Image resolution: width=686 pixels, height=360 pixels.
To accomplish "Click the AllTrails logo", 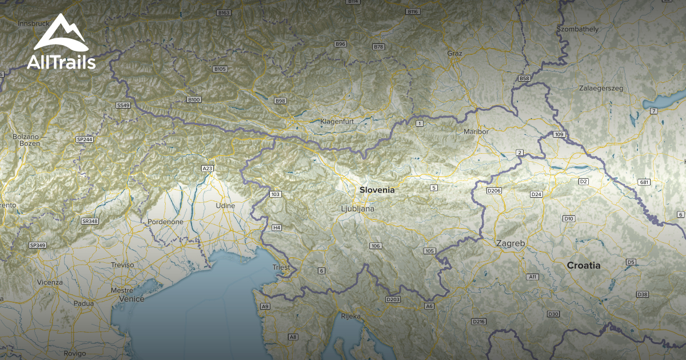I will pyautogui.click(x=61, y=43).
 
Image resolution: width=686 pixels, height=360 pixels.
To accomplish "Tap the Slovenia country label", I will pyautogui.click(x=377, y=190).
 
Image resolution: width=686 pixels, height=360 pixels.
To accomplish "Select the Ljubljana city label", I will pyautogui.click(x=357, y=209).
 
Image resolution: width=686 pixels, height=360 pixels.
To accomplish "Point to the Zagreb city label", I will pyautogui.click(x=510, y=243).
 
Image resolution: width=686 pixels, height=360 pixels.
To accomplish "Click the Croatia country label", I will pyautogui.click(x=584, y=265).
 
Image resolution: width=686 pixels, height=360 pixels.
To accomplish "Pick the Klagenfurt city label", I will pyautogui.click(x=338, y=122).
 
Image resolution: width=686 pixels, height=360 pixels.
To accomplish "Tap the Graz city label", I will pyautogui.click(x=454, y=53).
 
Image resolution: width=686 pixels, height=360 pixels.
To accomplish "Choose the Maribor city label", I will pyautogui.click(x=476, y=131).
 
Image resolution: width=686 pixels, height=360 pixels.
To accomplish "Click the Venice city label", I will pyautogui.click(x=132, y=298).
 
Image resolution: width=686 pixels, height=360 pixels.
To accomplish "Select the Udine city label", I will pyautogui.click(x=225, y=205).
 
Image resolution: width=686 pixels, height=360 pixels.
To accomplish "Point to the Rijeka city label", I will pyautogui.click(x=350, y=316).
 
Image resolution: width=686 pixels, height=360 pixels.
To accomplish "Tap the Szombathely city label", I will pyautogui.click(x=577, y=29).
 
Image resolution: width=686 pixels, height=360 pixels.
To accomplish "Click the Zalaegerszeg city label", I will pyautogui.click(x=601, y=89).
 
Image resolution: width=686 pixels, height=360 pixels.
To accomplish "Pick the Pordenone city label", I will pyautogui.click(x=165, y=222).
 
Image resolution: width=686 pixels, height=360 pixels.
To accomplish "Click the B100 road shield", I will pyautogui.click(x=194, y=100).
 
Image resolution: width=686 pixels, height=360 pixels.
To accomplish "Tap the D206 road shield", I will pyautogui.click(x=494, y=190).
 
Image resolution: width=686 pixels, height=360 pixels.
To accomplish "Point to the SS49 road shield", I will pyautogui.click(x=123, y=106).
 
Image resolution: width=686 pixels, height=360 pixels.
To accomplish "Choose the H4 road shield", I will pyautogui.click(x=277, y=227).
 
